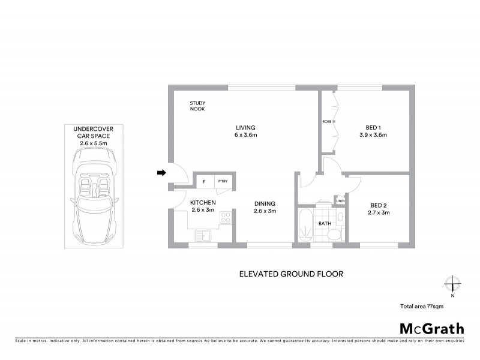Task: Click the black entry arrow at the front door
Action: (161, 173)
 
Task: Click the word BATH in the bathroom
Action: (325, 224)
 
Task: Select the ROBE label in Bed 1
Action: (326, 122)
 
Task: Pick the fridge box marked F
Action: (204, 181)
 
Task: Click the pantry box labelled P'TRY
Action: (223, 181)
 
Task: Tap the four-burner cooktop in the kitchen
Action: (226, 218)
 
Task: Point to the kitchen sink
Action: (204, 236)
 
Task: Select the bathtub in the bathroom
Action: (304, 226)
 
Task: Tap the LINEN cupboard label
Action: (340, 200)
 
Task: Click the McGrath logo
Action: (432, 328)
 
